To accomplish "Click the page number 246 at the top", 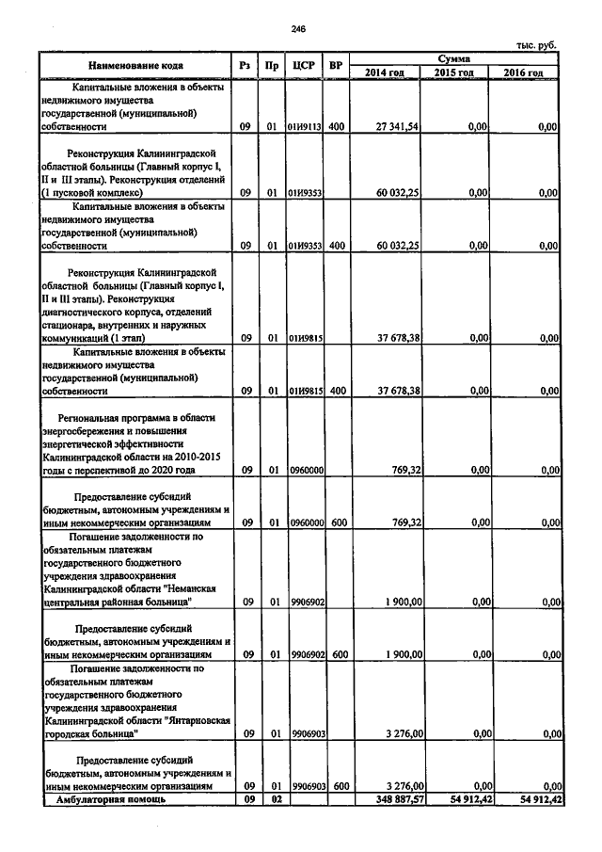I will click(x=299, y=30).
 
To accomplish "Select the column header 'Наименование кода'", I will click(x=135, y=66).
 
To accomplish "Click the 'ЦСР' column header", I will click(x=303, y=66).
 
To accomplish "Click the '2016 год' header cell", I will click(x=522, y=72).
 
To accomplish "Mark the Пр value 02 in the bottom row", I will click(x=271, y=799).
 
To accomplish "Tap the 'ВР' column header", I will click(x=336, y=66).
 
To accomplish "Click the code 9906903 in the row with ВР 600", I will click(x=307, y=784).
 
